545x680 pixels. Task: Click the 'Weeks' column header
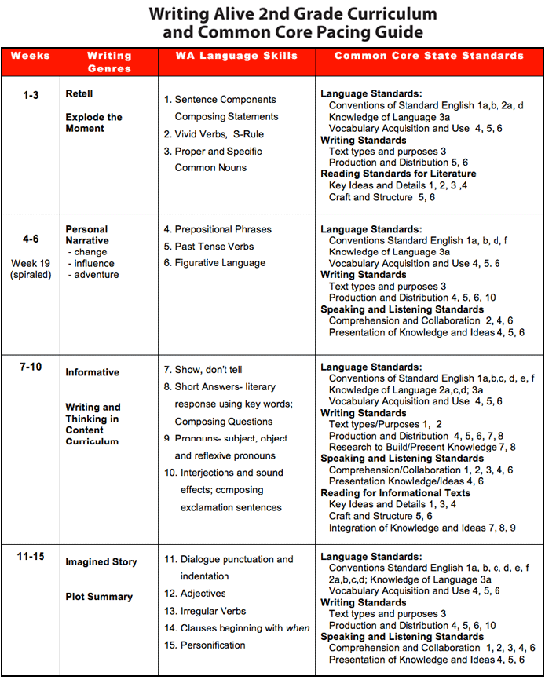click(31, 57)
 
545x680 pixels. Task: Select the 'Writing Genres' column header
click(109, 62)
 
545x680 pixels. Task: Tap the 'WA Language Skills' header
click(236, 57)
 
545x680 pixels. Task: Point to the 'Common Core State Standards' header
click(429, 57)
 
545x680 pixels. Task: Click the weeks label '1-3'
click(31, 94)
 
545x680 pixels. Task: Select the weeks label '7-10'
click(31, 367)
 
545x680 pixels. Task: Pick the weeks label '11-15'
click(31, 557)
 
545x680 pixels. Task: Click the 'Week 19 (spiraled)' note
click(31, 269)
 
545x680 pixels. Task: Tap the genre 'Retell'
click(79, 94)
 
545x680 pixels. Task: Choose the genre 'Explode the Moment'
click(93, 123)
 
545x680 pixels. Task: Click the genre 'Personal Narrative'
click(87, 236)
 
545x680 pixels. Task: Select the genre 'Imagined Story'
click(101, 562)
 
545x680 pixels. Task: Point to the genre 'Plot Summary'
click(99, 597)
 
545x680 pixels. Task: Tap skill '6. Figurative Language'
click(214, 264)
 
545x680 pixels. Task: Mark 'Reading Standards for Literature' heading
click(398, 174)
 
